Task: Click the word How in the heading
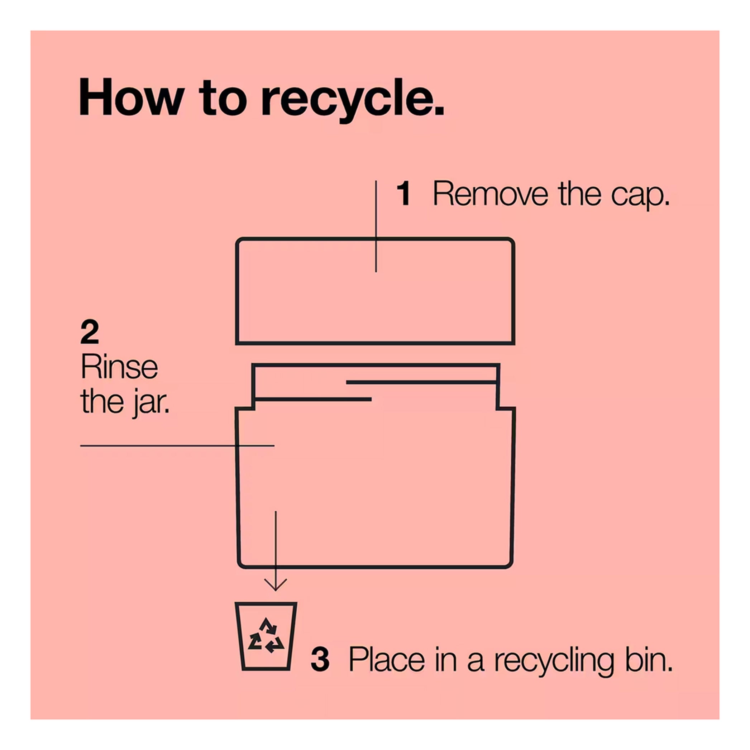(132, 97)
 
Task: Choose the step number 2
(89, 332)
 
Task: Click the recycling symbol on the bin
(266, 635)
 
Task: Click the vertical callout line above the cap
(376, 226)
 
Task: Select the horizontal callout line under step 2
(177, 446)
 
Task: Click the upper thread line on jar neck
(421, 382)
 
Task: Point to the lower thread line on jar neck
(313, 399)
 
